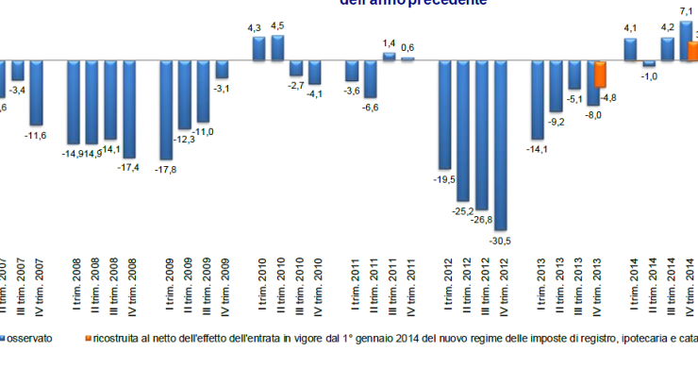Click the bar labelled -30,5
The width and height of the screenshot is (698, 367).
point(501,145)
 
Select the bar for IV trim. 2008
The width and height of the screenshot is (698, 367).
point(130,108)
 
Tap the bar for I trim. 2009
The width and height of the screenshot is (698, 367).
point(167,109)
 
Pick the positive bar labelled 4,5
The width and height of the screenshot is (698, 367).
point(278,48)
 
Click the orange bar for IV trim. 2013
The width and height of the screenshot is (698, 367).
point(600,75)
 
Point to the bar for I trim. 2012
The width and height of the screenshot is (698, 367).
point(446,113)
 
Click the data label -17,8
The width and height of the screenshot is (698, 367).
point(166,170)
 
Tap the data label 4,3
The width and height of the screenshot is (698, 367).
point(255,30)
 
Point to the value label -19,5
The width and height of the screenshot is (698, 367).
point(444,177)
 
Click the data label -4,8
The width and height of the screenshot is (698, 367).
point(608,97)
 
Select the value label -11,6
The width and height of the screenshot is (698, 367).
point(37,136)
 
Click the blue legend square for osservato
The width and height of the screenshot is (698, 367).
point(4,338)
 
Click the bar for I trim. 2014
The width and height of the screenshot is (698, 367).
point(630,49)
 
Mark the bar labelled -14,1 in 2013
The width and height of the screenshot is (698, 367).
point(538,99)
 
